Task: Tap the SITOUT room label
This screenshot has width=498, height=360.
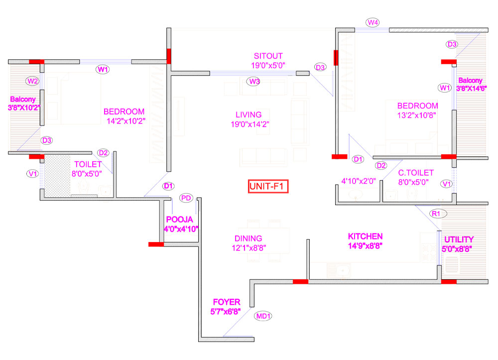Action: (x=268, y=56)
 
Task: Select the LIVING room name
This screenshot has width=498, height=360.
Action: (x=249, y=115)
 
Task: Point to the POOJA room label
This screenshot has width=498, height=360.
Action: (x=179, y=220)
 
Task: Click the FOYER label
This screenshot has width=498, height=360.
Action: (x=227, y=302)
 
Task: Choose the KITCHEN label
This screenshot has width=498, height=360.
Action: (x=365, y=236)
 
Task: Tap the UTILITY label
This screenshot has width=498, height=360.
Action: (x=459, y=240)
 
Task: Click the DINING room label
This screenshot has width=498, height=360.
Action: (x=249, y=239)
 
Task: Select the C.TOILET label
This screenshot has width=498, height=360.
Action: (x=416, y=173)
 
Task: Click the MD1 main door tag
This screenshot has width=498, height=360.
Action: (x=263, y=316)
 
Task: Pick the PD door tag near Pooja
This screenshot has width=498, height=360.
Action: (x=186, y=198)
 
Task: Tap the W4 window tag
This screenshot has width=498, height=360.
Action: (x=373, y=22)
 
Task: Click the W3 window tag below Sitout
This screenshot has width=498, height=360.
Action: (x=254, y=82)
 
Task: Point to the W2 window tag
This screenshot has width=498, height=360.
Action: (x=33, y=81)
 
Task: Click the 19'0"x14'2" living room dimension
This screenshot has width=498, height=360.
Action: (x=250, y=124)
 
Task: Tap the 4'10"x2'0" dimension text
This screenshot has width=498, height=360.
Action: (x=359, y=181)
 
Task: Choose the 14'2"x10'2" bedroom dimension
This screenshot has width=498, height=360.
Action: (x=126, y=121)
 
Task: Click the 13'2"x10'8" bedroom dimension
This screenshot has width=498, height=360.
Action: (x=416, y=115)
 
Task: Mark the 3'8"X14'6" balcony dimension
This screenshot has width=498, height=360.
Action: (x=471, y=89)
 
